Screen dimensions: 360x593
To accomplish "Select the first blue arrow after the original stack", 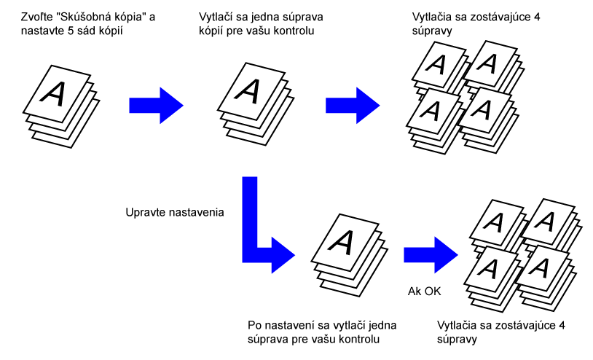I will (x=154, y=105).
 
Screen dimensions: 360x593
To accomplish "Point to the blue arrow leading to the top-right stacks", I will (x=351, y=105).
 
